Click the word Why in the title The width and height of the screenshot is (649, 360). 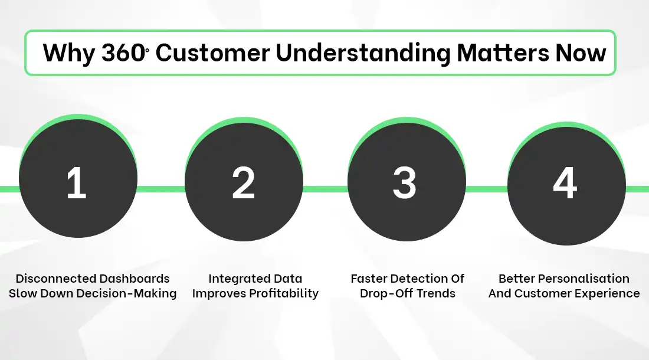pos(68,53)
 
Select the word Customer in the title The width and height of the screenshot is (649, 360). pos(212,53)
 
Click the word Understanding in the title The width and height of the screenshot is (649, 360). pos(363,53)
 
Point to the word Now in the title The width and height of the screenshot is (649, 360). pos(581,53)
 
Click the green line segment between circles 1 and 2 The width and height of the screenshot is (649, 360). pos(161,189)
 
